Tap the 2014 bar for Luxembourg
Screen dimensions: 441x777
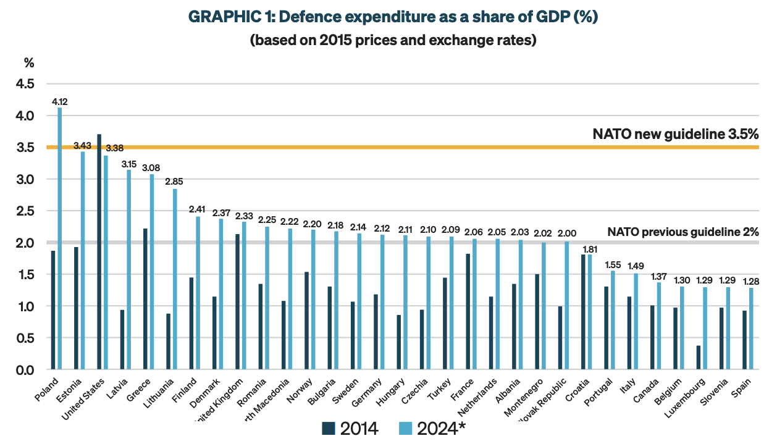pos(699,358)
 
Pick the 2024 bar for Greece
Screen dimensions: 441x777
pos(152,272)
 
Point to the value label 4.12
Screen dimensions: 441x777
pos(60,101)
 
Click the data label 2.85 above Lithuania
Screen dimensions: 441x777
pos(174,182)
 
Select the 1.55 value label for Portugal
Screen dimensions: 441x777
pos(611,264)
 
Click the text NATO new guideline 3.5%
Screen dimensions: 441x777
pos(675,134)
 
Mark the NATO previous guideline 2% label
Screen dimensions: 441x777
pos(682,232)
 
